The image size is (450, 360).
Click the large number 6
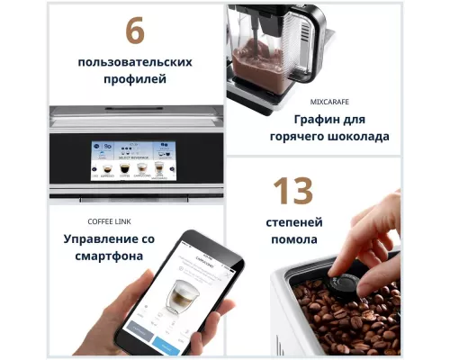(x=135, y=31)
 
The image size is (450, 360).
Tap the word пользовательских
(x=135, y=63)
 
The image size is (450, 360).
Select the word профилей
(x=135, y=81)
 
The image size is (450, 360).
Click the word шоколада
(x=358, y=137)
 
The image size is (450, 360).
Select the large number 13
(x=293, y=191)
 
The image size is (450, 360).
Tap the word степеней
(x=293, y=222)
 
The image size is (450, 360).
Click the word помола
(x=293, y=240)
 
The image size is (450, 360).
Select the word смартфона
(x=110, y=256)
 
